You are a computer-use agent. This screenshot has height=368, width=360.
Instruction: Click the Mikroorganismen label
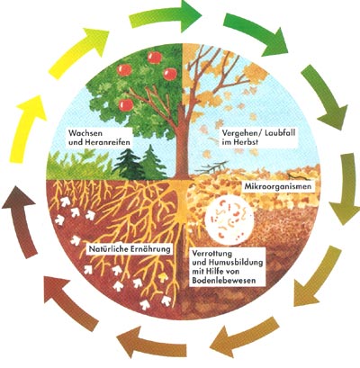[278, 187]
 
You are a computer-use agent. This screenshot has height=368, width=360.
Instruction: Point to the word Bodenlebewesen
[224, 281]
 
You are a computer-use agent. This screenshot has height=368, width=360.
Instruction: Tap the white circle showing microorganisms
[229, 220]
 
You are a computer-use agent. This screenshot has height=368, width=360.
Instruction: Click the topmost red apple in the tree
[155, 58]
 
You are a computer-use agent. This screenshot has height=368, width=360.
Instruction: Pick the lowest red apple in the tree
[126, 105]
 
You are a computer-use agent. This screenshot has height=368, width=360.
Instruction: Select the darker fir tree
[128, 165]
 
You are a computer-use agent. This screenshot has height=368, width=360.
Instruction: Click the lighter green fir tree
[152, 162]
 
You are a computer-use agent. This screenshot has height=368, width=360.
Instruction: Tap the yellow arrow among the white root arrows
[163, 277]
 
